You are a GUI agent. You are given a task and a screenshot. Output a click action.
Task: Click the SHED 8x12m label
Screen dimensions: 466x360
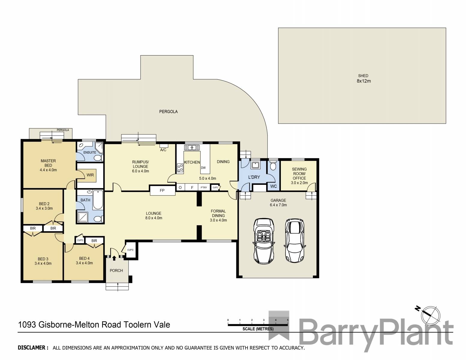[x=363, y=79]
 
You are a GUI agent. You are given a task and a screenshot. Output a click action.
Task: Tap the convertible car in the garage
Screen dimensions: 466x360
[x=263, y=241]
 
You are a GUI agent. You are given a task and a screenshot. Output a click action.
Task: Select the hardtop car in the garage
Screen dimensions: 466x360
[x=295, y=240]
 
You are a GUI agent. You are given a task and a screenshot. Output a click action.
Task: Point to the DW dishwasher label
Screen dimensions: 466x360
[x=203, y=168]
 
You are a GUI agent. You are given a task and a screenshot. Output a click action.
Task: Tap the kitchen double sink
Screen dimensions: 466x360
[x=192, y=148]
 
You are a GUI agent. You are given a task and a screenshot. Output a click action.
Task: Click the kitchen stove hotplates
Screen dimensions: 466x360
[x=180, y=168]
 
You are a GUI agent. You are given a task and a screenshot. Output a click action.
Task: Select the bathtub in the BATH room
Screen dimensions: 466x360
[x=98, y=199]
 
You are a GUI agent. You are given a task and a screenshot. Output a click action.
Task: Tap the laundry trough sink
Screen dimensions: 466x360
[x=255, y=165]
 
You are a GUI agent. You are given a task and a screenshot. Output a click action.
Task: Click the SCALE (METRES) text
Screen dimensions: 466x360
[x=258, y=329]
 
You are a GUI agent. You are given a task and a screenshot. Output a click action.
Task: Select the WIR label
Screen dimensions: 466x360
[x=90, y=175]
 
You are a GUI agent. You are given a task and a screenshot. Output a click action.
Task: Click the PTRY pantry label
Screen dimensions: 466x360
[x=204, y=187]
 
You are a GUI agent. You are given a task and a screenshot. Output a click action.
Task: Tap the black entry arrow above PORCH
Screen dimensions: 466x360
[x=114, y=258]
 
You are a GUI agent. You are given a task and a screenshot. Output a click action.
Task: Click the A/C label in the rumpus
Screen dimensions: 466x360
[x=163, y=150]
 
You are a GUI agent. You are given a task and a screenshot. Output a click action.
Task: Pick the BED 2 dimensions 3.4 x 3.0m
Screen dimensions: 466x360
[x=44, y=208]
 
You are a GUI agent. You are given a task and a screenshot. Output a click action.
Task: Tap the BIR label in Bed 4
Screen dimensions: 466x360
[x=94, y=241]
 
